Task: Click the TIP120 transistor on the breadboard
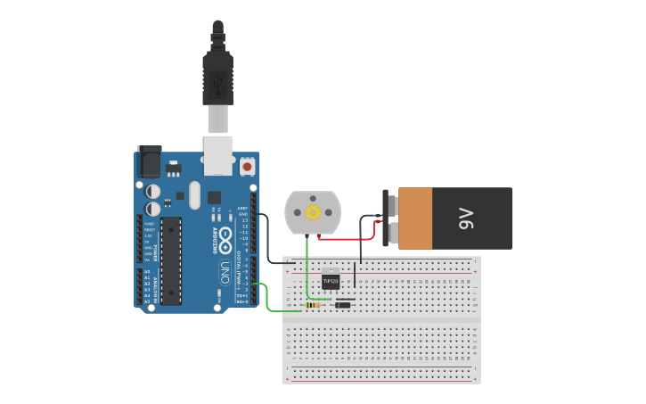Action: pos(331,280)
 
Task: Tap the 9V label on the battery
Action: pos(466,218)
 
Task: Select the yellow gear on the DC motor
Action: pos(313,212)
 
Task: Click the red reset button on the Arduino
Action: pos(247,166)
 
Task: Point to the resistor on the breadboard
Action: pos(314,305)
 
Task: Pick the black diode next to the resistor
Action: pos(341,305)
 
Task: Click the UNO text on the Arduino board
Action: pos(225,268)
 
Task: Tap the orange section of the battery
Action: pos(415,218)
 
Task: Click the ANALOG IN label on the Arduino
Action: pos(153,289)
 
